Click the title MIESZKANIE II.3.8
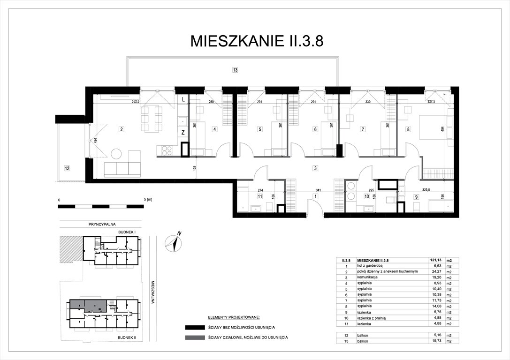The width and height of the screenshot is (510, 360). point(257,41)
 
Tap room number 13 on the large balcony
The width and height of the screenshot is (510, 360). point(235,70)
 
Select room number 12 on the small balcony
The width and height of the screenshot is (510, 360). point(68,167)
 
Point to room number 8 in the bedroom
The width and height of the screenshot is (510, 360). point(408,129)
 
